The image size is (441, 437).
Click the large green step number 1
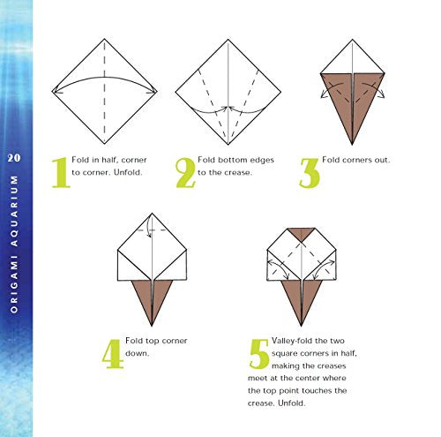[x=60, y=172]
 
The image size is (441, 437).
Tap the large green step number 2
[x=185, y=172]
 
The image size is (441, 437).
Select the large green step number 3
[x=308, y=172]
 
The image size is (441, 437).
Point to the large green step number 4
[x=112, y=352]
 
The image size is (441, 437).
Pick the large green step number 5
[x=258, y=352]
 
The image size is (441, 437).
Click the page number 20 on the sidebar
[x=14, y=157]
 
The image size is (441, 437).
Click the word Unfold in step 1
[x=128, y=172]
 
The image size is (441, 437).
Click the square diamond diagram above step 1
[x=105, y=91]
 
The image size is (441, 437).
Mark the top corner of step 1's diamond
[x=105, y=39]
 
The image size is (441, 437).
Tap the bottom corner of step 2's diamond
[x=228, y=143]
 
